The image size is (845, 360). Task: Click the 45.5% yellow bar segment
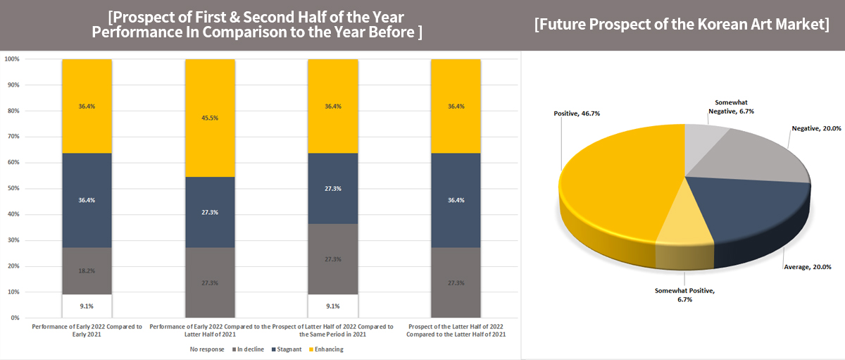[210, 118]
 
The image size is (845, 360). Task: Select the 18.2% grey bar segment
[87, 271]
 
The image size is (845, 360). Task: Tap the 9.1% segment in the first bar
[87, 306]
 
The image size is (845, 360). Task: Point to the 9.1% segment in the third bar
[332, 306]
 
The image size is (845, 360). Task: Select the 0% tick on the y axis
[15, 318]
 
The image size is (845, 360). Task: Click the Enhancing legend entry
[325, 349]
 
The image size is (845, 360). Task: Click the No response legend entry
[207, 349]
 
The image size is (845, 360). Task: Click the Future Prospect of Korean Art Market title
[681, 25]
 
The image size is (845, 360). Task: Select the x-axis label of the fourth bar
[456, 330]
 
